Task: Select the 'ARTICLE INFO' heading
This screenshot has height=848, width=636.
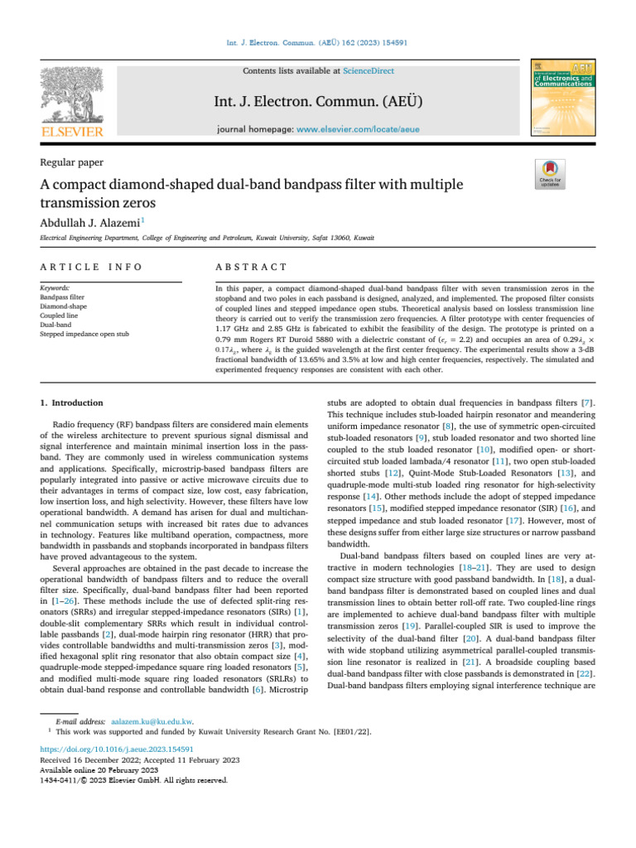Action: pos(91,267)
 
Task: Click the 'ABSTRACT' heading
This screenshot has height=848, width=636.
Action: pos(250,267)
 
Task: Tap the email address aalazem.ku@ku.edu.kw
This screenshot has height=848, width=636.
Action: pos(152,721)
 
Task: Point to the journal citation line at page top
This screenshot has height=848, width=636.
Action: pos(317,41)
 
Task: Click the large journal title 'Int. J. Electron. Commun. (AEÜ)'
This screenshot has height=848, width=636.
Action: pos(317,101)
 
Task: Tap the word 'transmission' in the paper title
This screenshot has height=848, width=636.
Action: pos(78,200)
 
